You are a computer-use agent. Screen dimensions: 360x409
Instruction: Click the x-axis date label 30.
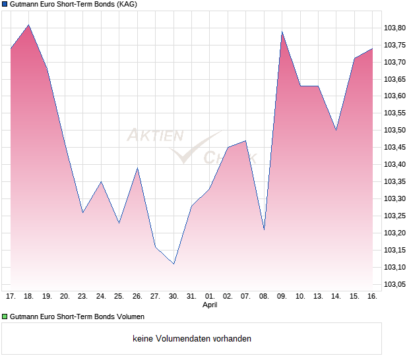(173, 296)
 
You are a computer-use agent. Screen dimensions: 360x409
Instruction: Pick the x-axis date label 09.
(282, 296)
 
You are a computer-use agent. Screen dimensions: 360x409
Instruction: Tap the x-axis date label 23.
(82, 296)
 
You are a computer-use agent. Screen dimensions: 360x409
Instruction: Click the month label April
(210, 305)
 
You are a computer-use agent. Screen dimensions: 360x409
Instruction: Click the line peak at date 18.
(28, 25)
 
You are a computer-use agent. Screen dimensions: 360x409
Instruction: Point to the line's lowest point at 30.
(173, 264)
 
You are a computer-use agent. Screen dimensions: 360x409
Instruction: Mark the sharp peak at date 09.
(282, 32)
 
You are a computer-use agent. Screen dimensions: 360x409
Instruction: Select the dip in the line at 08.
(264, 229)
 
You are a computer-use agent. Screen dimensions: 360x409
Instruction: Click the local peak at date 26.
(137, 168)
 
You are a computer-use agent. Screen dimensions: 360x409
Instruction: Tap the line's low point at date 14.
(336, 130)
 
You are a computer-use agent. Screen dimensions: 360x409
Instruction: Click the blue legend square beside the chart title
(5, 5)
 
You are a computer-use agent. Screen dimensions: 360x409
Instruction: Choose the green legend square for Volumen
(5, 316)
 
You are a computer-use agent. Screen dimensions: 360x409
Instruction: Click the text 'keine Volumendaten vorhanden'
(192, 339)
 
